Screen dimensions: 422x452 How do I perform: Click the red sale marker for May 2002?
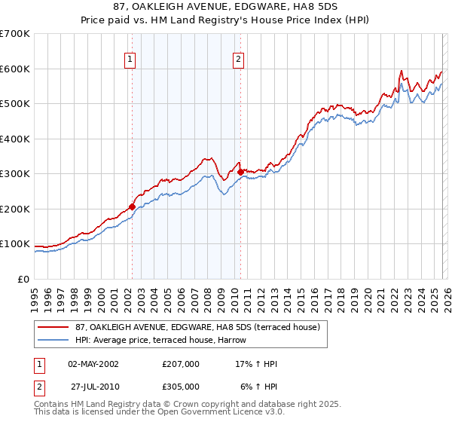pyautogui.click(x=132, y=206)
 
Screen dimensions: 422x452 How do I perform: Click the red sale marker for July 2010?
pyautogui.click(x=240, y=172)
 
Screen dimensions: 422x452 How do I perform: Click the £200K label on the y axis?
pyautogui.click(x=15, y=209)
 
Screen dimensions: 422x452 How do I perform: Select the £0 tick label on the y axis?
pyautogui.click(x=23, y=279)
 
